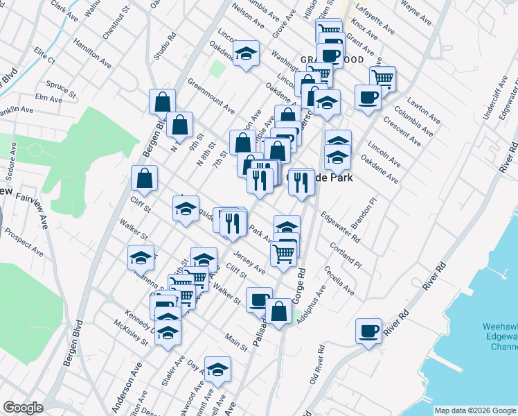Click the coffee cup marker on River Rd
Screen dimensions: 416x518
pyautogui.click(x=368, y=330)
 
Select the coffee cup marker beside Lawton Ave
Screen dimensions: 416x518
pyautogui.click(x=368, y=96)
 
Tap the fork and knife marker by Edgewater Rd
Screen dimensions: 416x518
pyautogui.click(x=301, y=182)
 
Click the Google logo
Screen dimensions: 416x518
pyautogui.click(x=22, y=408)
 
